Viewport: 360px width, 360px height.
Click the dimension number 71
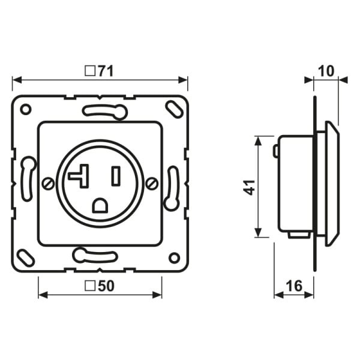pos(106,71)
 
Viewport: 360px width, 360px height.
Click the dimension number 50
pos(106,286)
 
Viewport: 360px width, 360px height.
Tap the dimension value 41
pos(249,187)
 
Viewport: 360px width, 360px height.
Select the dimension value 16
pos(294,286)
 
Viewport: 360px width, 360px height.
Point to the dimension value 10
pos(326,71)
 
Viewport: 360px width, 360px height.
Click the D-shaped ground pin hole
pos(100,205)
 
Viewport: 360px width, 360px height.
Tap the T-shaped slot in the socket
pos(79,176)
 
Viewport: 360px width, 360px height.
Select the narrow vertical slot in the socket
pos(116,176)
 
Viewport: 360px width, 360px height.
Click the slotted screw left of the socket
pos(49,184)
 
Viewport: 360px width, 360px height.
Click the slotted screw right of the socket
pos(152,184)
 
